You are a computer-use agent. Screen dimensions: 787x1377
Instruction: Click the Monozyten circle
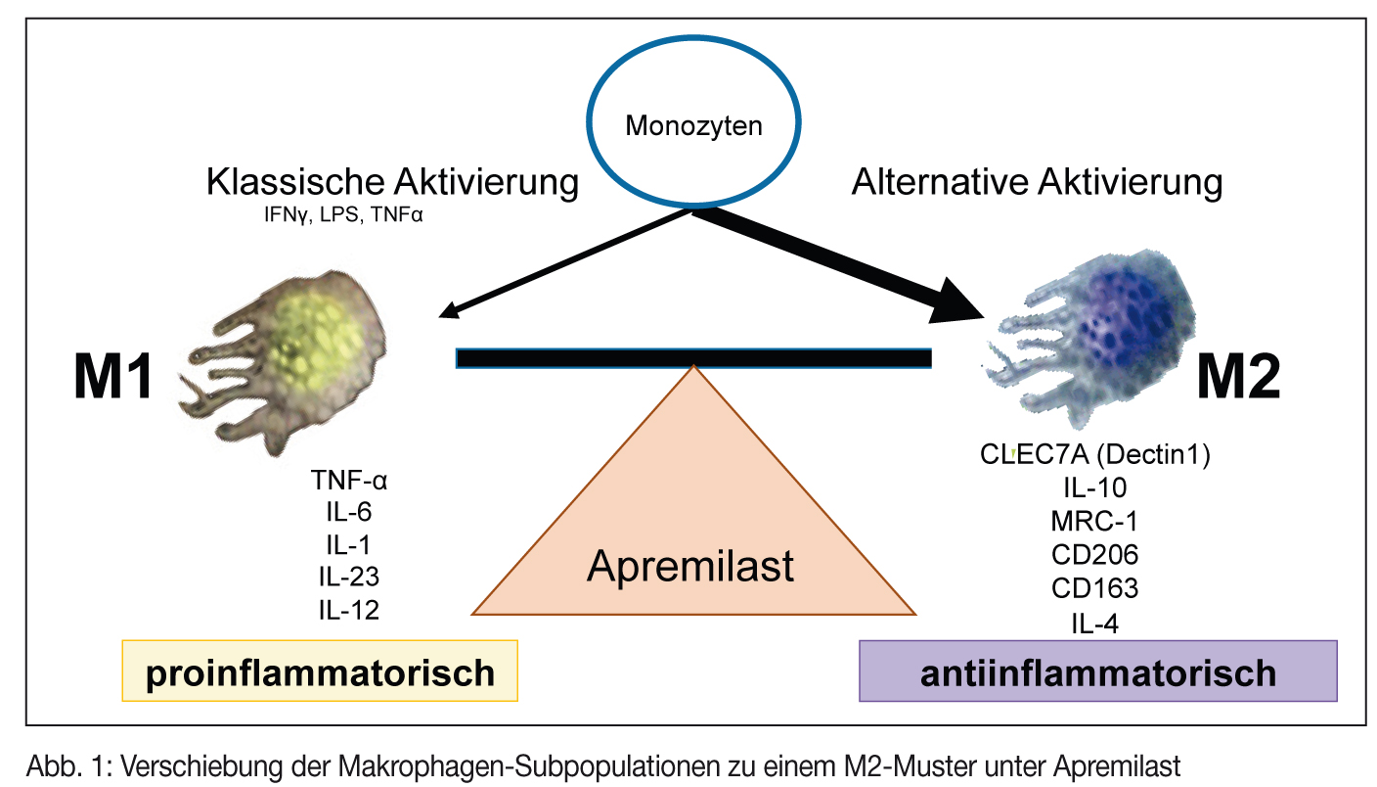tap(692, 125)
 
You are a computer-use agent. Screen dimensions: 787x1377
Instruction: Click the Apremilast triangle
tap(692, 548)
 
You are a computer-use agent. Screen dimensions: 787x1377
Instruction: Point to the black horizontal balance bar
tap(692, 358)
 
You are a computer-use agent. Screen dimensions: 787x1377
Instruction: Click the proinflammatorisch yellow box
tap(320, 671)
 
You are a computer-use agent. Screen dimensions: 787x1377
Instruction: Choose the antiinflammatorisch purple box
tap(1097, 671)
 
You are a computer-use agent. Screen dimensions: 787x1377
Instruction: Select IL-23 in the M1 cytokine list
tap(349, 576)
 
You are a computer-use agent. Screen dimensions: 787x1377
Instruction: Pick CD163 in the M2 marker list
tap(1095, 588)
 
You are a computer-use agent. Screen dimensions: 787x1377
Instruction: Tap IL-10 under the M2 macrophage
tap(1095, 488)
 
